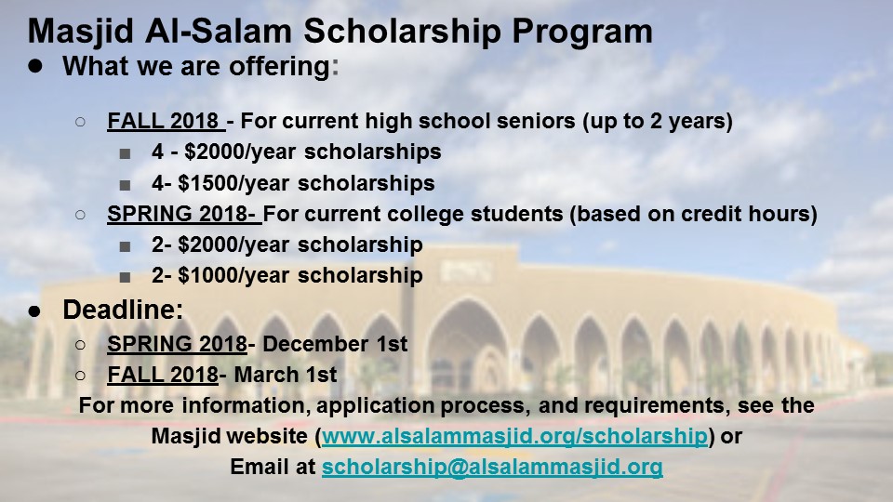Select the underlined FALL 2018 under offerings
pyautogui.click(x=163, y=121)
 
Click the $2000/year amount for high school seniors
pyautogui.click(x=240, y=152)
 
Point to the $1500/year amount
pyautogui.click(x=234, y=183)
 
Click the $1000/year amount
pyautogui.click(x=234, y=275)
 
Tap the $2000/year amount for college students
pyautogui.click(x=234, y=244)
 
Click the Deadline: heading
pyautogui.click(x=123, y=310)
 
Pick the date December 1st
pyautogui.click(x=335, y=344)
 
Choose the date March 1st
pyautogui.click(x=286, y=375)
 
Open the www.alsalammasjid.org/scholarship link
pyautogui.click(x=514, y=436)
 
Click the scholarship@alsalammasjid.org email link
pyautogui.click(x=492, y=467)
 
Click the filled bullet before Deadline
pyautogui.click(x=34, y=310)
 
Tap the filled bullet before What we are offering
pyautogui.click(x=35, y=66)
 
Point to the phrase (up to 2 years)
pyautogui.click(x=658, y=121)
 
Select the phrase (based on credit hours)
pyautogui.click(x=694, y=214)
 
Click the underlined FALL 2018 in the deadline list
pyautogui.click(x=163, y=375)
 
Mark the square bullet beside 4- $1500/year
pyautogui.click(x=125, y=185)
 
